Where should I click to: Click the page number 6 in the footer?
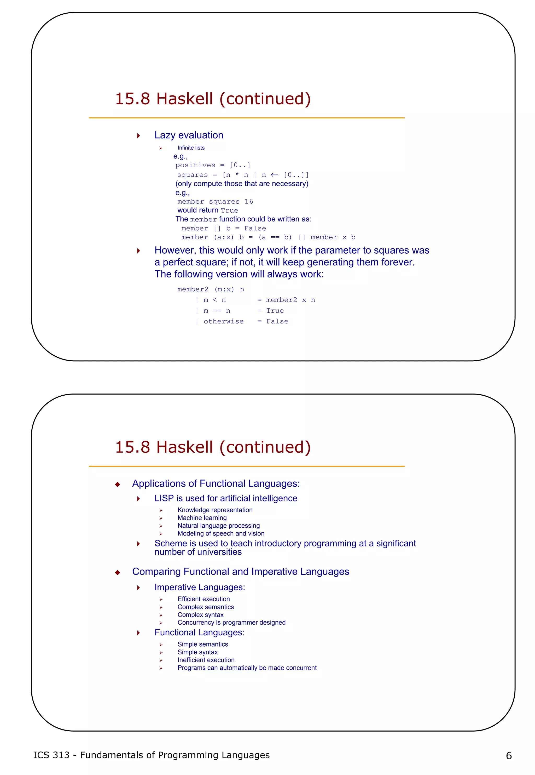(509, 756)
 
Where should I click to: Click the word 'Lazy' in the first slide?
(165, 135)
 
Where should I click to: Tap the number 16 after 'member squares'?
(249, 202)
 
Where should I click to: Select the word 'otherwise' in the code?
(224, 321)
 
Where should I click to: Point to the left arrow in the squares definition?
(275, 175)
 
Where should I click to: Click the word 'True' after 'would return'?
(230, 211)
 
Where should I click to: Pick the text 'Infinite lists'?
(191, 148)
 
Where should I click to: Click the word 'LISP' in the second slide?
(164, 499)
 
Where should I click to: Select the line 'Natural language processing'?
(219, 526)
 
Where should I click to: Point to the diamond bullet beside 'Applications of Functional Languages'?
(117, 484)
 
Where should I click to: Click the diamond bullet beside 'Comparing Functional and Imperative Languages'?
(117, 572)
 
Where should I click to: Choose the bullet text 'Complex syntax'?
(200, 615)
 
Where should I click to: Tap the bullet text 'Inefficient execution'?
(206, 660)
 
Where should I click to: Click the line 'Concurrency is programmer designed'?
(231, 623)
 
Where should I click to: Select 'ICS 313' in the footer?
(51, 755)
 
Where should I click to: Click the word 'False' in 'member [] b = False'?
(255, 229)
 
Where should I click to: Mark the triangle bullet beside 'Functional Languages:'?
(138, 633)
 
